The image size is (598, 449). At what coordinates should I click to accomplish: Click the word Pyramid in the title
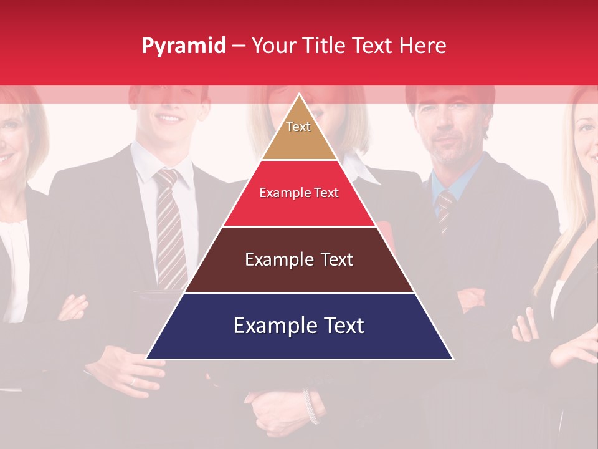click(x=183, y=46)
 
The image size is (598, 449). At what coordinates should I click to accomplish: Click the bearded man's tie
click(x=445, y=209)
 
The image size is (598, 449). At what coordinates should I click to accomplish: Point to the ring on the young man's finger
click(x=132, y=381)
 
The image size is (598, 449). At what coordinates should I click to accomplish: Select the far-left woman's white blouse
click(x=14, y=249)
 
